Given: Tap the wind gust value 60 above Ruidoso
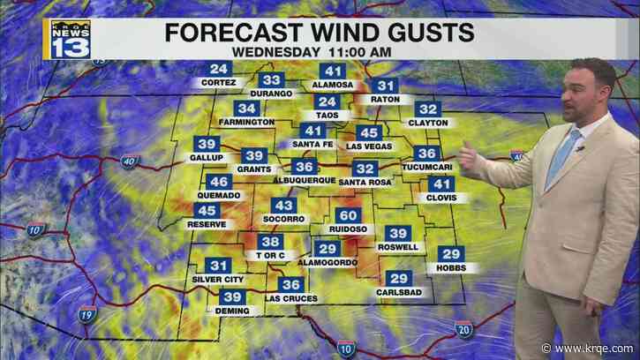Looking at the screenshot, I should click(349, 215).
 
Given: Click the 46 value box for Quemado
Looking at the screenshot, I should click(218, 182).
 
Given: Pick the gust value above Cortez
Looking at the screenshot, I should click(219, 70).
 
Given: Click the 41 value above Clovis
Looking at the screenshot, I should click(440, 184).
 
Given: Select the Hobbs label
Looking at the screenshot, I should click(451, 266).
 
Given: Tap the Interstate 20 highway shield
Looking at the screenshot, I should click(464, 329).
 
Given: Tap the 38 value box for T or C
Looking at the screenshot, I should click(270, 242).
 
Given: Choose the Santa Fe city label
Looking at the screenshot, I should click(312, 144).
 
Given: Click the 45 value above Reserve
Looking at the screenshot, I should click(208, 211).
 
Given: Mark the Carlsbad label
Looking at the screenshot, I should click(396, 291).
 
